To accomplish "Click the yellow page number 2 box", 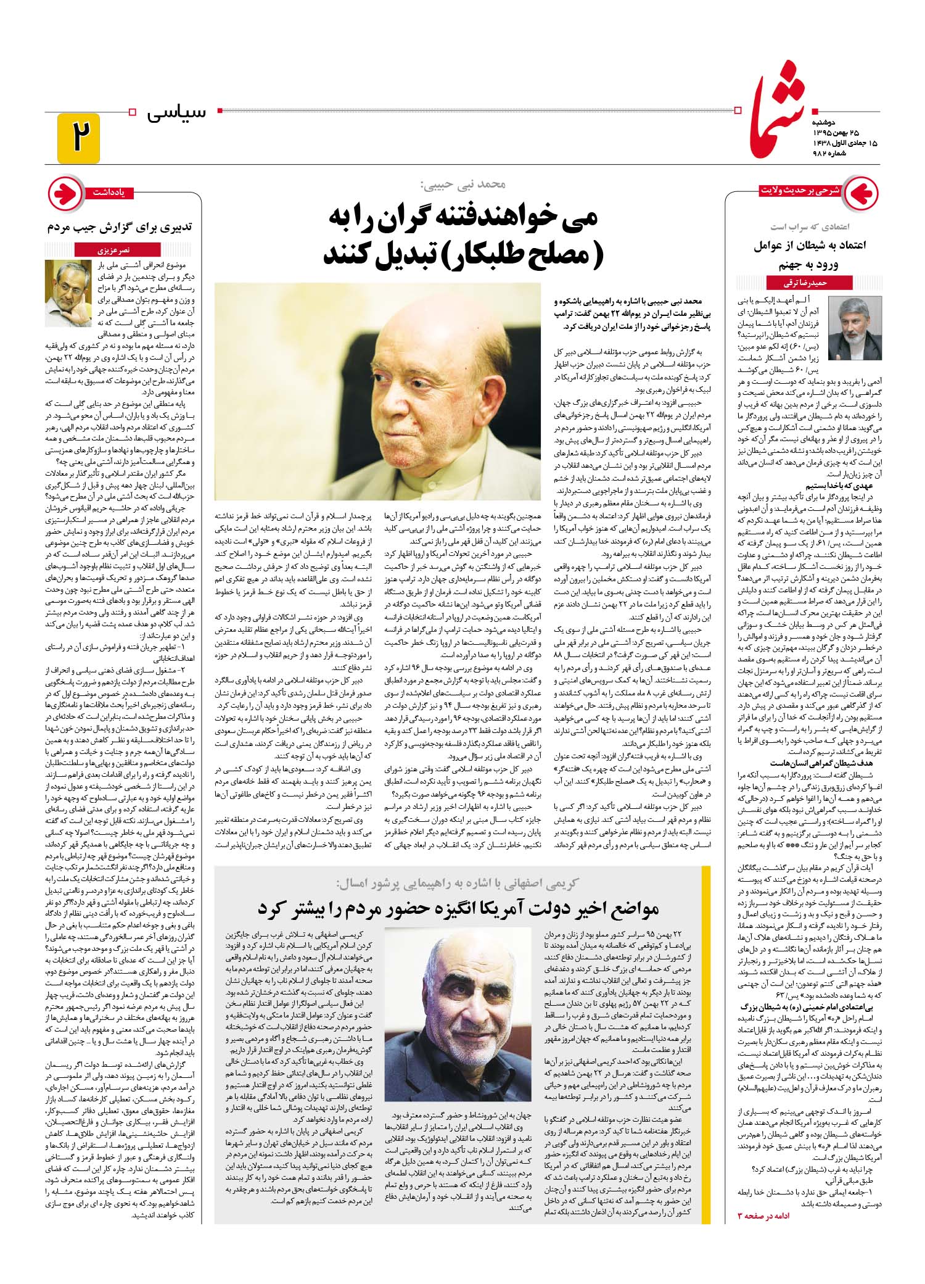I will coord(78,138).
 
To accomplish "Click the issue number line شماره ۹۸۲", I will coord(836,153).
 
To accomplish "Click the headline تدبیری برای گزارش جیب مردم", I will coord(120,226).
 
